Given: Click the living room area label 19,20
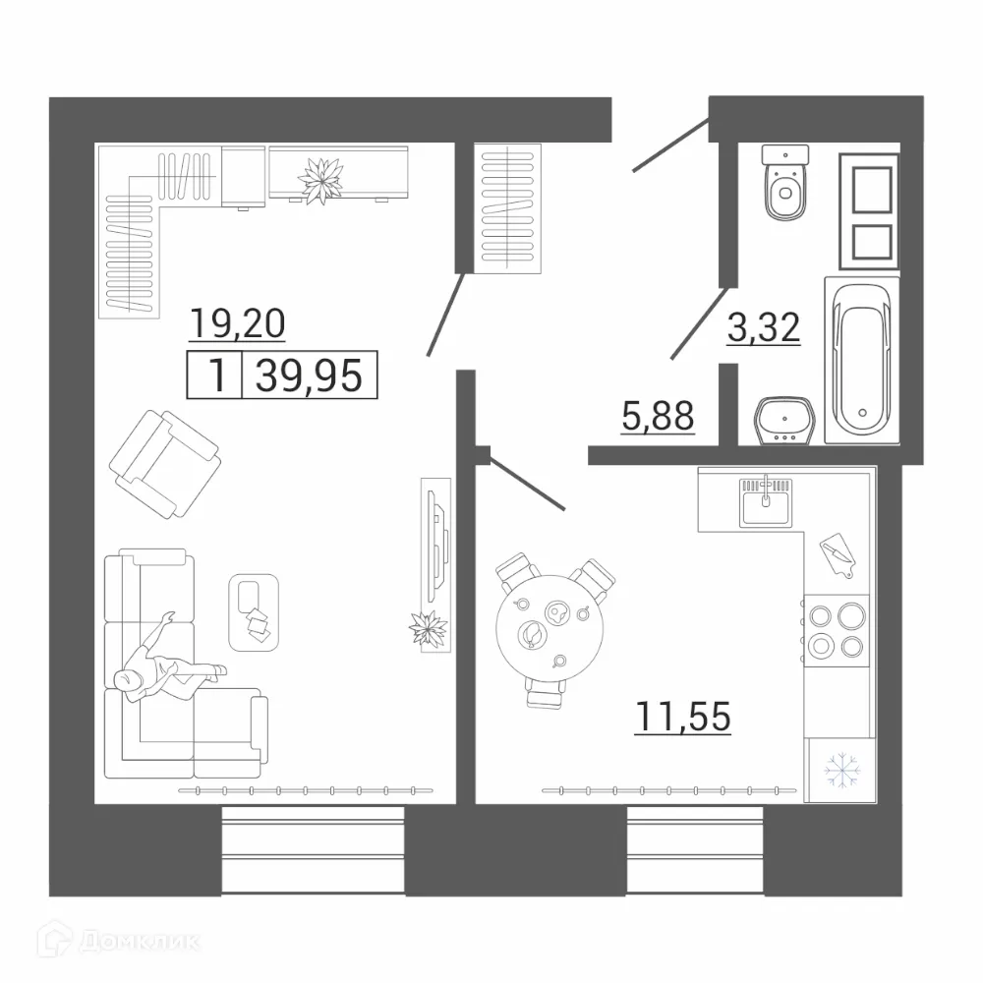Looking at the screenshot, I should tap(237, 322).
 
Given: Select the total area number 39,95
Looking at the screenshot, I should tap(309, 376).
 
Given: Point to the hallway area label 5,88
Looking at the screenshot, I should tap(659, 417).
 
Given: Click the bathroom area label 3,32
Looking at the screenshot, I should tap(764, 327).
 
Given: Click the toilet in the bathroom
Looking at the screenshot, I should tap(784, 187).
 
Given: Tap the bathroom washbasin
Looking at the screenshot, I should tap(783, 422).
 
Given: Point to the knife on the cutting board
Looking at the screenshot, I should tap(837, 553).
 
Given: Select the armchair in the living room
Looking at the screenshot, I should tap(165, 460).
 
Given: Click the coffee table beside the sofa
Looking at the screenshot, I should tap(255, 612).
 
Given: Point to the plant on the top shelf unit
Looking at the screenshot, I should tap(322, 180).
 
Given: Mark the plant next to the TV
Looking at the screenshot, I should tap(429, 628).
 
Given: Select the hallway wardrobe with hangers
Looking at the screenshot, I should tap(508, 206).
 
